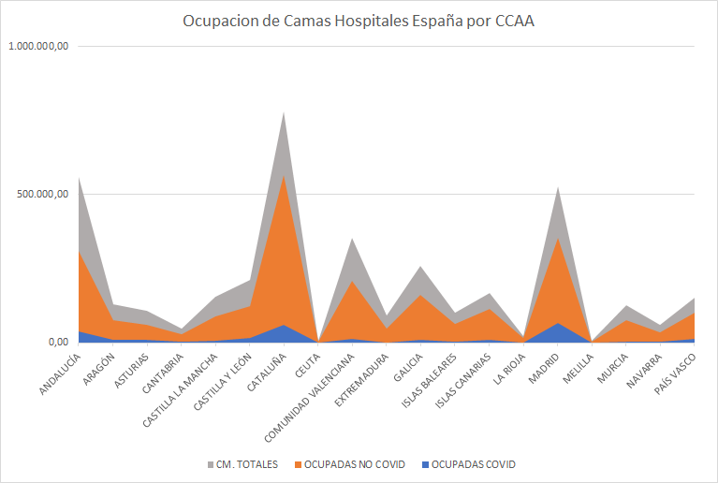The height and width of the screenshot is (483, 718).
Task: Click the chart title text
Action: point(359,22)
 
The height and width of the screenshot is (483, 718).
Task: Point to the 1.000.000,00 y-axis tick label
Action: point(38,46)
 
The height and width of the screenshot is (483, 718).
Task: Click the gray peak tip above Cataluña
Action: point(284,113)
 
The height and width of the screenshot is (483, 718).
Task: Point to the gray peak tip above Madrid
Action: point(557,188)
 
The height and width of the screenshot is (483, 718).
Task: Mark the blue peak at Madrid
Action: point(557,324)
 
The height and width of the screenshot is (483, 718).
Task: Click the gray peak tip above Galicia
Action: point(420,267)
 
